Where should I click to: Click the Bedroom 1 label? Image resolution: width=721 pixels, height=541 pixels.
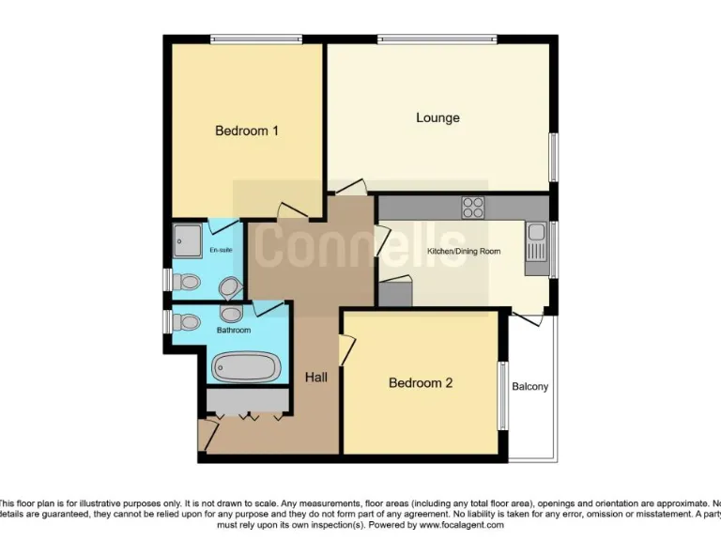pyautogui.click(x=247, y=131)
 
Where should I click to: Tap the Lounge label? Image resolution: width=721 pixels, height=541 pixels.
pyautogui.click(x=437, y=117)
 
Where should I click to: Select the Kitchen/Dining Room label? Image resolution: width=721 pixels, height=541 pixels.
pyautogui.click(x=464, y=252)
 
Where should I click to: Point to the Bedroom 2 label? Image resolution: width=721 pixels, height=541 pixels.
pyautogui.click(x=421, y=383)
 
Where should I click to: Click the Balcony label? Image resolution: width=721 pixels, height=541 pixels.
pyautogui.click(x=530, y=387)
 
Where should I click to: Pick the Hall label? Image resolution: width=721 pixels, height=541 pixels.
pyautogui.click(x=316, y=378)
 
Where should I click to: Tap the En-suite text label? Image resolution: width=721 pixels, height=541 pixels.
pyautogui.click(x=221, y=250)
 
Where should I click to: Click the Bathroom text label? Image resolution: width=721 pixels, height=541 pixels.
pyautogui.click(x=234, y=331)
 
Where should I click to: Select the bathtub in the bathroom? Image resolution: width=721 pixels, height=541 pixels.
pyautogui.click(x=247, y=366)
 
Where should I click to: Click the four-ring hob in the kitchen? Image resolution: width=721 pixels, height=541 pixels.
pyautogui.click(x=472, y=207)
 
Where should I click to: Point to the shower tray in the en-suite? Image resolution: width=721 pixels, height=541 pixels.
pyautogui.click(x=188, y=240)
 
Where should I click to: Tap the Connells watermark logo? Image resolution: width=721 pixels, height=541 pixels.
pyautogui.click(x=360, y=243)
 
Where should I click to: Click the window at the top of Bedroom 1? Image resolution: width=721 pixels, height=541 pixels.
pyautogui.click(x=255, y=39)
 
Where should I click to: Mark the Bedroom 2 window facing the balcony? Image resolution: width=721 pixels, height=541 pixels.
pyautogui.click(x=503, y=394)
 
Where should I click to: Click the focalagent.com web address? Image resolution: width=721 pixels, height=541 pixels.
pyautogui.click(x=464, y=525)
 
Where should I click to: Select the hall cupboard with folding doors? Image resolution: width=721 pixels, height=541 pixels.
pyautogui.click(x=247, y=402)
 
